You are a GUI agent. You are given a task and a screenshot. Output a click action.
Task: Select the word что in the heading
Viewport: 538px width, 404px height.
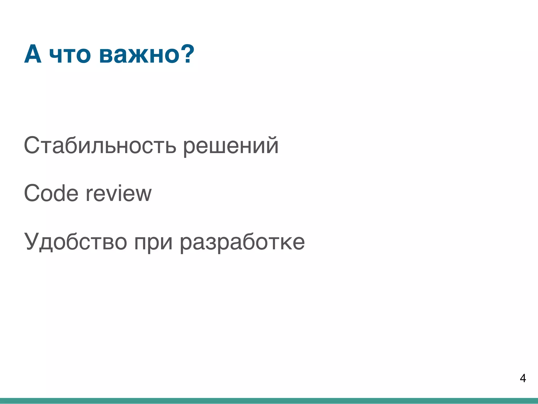[x=70, y=55]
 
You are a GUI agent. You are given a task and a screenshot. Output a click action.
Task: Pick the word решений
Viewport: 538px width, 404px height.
[x=231, y=146]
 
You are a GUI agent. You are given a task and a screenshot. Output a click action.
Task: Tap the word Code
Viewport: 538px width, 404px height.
[x=51, y=193]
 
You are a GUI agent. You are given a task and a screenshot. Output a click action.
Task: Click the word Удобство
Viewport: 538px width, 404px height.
[x=76, y=241]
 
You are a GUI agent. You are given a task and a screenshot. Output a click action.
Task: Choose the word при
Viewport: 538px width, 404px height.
[x=153, y=243]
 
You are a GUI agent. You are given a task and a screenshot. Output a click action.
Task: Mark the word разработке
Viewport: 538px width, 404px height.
[x=242, y=242]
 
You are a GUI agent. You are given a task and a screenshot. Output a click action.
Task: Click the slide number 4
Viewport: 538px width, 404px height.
[x=523, y=378]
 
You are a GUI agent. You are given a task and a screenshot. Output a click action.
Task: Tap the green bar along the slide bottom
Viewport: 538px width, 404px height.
[x=269, y=401]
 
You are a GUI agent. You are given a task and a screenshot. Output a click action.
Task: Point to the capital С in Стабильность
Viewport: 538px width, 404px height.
[x=32, y=145]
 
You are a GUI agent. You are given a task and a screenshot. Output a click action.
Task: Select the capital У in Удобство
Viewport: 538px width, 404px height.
[x=32, y=241]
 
